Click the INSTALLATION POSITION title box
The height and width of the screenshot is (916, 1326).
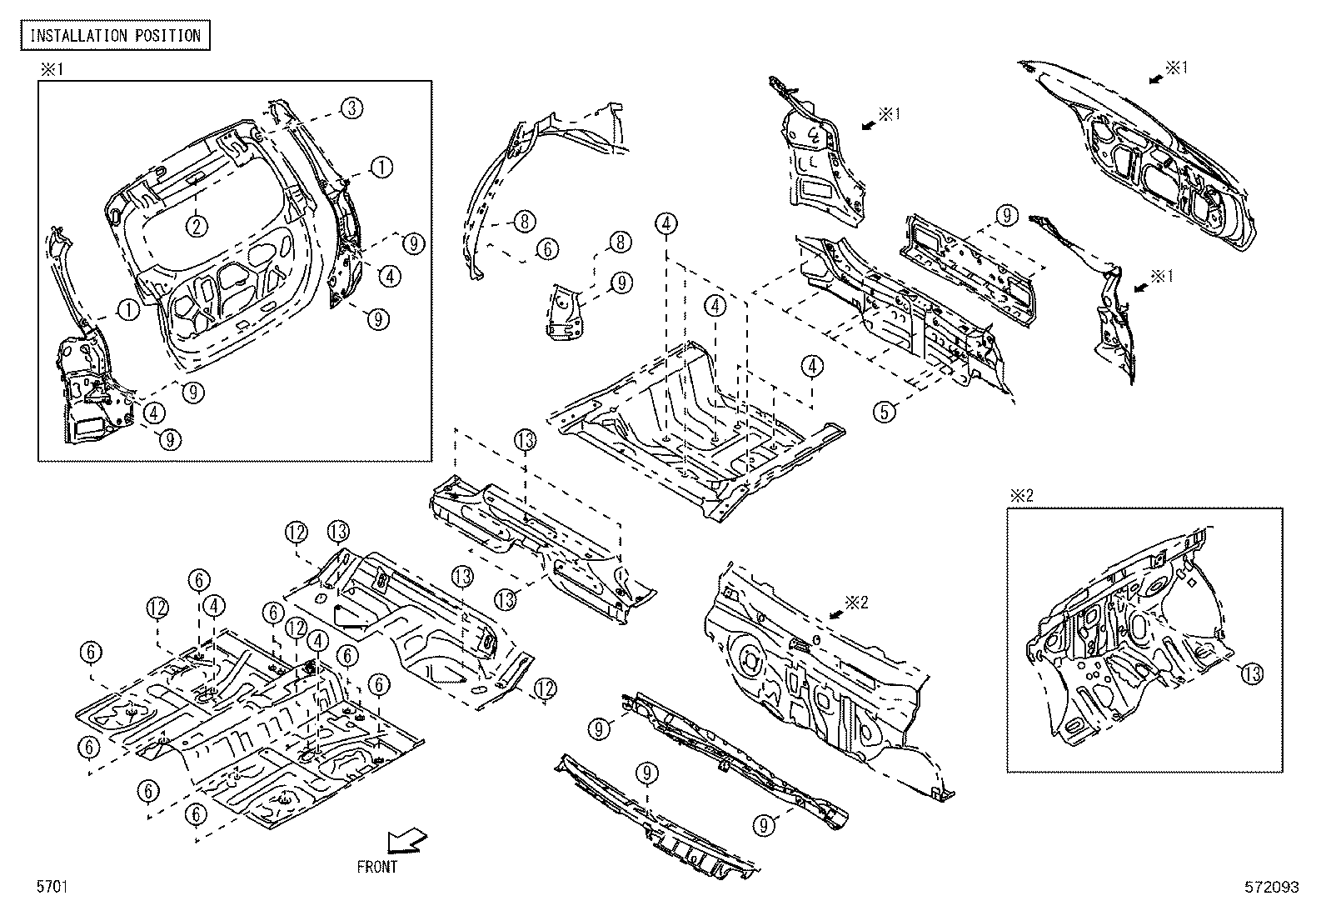coord(115,35)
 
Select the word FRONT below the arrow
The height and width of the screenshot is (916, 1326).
coord(377,867)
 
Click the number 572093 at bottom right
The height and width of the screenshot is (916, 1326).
coord(1273,888)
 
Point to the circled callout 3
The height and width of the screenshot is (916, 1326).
coord(351,107)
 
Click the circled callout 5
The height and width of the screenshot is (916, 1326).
coord(885,411)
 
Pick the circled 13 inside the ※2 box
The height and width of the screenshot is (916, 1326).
coord(1252,673)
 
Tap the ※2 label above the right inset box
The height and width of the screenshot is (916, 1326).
coord(1022,495)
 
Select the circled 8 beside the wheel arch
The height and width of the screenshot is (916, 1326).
coord(524,222)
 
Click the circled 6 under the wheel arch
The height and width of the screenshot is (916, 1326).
coord(546,248)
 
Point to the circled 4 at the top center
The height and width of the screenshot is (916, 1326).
coord(666,223)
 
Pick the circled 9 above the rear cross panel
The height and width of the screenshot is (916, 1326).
coord(1007,216)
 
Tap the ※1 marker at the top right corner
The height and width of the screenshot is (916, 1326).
coord(1175,68)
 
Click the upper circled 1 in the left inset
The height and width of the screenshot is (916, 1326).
coord(381,167)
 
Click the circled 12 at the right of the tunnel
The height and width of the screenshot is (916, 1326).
coord(544,688)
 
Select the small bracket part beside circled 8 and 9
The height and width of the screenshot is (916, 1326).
coord(566,312)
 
